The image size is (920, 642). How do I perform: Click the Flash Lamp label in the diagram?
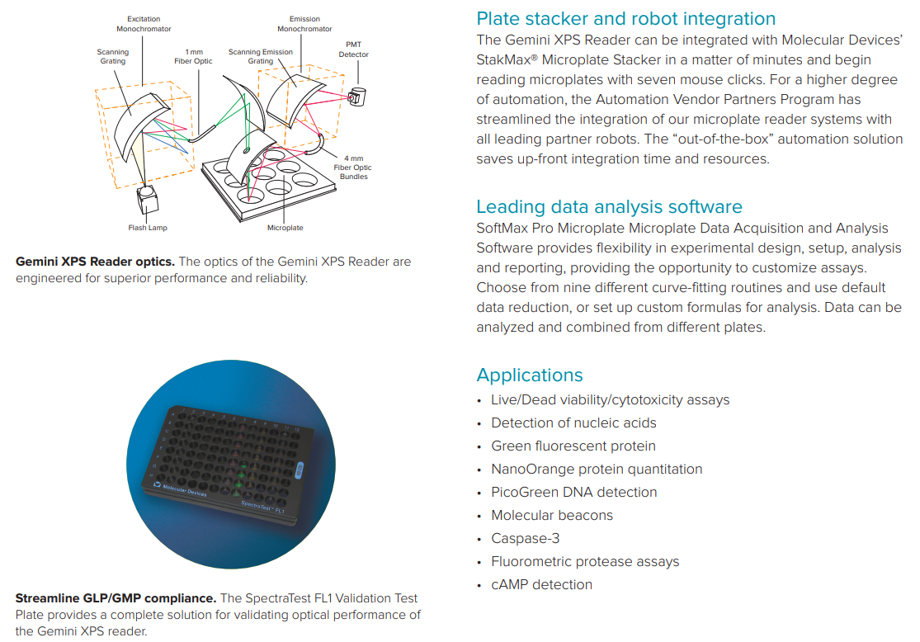tap(148, 228)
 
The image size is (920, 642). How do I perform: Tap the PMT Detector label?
tap(353, 50)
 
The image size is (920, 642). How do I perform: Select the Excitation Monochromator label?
tap(144, 24)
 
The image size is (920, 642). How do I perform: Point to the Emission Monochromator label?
tap(304, 24)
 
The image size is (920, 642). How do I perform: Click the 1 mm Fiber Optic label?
tap(193, 56)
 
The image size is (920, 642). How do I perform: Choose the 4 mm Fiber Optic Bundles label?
tap(352, 168)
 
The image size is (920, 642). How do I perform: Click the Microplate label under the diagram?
tap(285, 228)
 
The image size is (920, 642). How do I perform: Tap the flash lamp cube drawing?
tap(148, 200)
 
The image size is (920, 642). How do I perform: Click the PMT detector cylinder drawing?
tap(356, 97)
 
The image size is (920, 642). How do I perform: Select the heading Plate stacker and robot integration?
tap(626, 19)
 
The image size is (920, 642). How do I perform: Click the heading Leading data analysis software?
tap(609, 206)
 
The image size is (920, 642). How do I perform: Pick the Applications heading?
tap(530, 375)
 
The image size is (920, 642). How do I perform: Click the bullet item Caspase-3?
tap(525, 538)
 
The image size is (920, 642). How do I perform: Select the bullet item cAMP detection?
tap(541, 584)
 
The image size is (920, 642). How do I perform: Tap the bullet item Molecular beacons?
tap(552, 515)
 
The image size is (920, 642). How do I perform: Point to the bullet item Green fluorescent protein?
tap(573, 446)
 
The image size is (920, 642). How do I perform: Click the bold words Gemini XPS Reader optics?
tap(95, 262)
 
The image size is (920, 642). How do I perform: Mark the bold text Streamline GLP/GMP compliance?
tap(116, 598)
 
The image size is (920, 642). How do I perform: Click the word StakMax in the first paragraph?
tap(507, 60)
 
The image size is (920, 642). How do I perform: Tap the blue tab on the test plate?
tap(300, 470)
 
